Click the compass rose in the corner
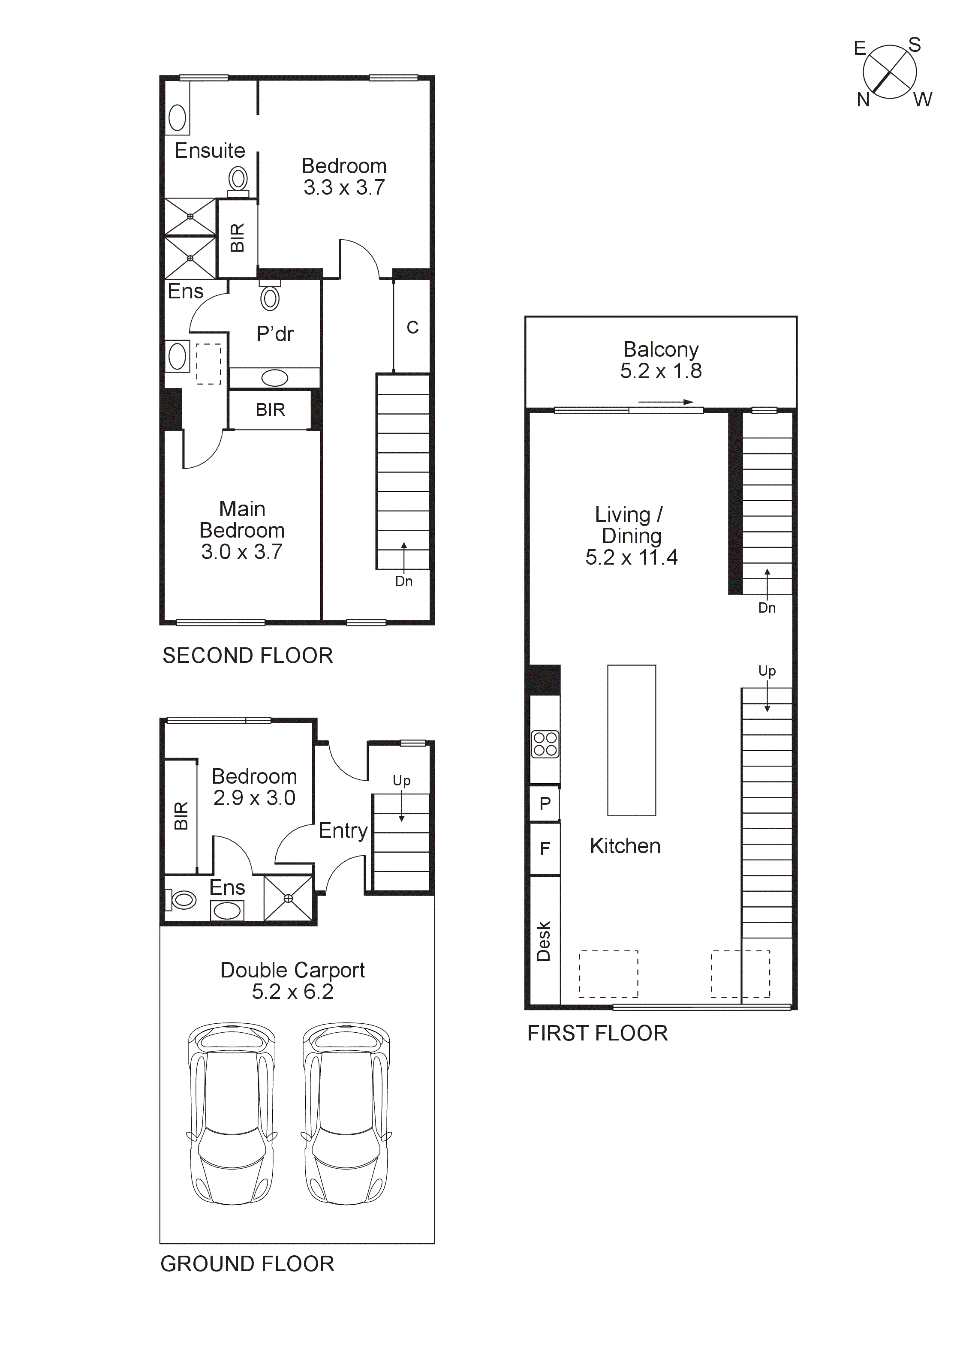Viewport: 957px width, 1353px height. point(889,72)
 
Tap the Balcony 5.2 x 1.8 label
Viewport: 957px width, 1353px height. point(661,360)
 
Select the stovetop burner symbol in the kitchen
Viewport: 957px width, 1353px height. point(545,744)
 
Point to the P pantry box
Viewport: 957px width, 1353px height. point(545,803)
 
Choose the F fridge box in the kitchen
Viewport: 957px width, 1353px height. point(545,848)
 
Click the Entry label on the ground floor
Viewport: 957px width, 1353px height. point(343,831)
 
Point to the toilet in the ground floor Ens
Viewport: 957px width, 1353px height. point(183,900)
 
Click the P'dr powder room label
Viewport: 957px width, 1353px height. point(274,334)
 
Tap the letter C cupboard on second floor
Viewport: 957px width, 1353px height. point(412,328)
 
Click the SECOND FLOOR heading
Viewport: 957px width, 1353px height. point(247,656)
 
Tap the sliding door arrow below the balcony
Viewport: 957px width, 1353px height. point(665,402)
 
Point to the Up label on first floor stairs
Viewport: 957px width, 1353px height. point(767,670)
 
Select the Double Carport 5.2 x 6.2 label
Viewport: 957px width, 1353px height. point(292,981)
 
